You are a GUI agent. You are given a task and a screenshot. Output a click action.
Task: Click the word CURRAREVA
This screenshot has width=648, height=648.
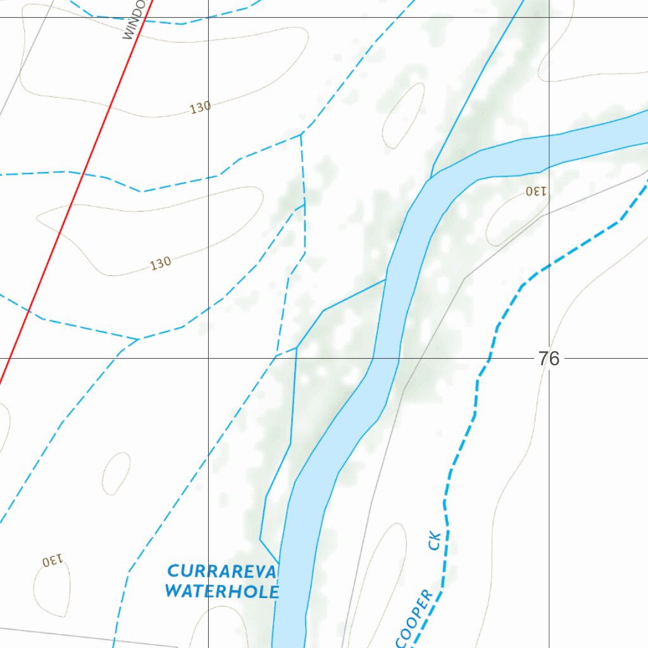(221, 572)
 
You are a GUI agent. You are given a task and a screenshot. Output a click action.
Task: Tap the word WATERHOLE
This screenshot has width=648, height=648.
(221, 592)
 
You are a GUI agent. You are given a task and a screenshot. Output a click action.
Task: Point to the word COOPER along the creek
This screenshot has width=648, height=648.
(414, 618)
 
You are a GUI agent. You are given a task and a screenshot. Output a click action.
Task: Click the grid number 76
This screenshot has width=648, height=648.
(549, 359)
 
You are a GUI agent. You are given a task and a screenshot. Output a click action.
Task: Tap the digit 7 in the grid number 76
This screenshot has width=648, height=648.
(544, 359)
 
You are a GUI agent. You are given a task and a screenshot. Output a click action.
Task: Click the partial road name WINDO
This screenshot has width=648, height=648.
(135, 20)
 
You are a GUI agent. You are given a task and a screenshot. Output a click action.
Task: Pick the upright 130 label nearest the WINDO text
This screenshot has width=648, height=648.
(200, 108)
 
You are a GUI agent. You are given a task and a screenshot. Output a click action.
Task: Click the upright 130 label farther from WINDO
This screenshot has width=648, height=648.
(161, 263)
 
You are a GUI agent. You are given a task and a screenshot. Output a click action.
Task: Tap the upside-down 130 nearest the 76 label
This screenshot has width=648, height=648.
(535, 190)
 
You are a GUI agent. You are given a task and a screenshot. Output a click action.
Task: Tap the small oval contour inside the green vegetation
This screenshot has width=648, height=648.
(403, 115)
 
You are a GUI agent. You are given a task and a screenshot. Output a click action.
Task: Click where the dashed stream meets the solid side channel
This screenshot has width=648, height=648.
(297, 347)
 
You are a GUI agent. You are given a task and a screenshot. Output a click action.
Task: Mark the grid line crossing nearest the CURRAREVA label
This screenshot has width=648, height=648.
(209, 358)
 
